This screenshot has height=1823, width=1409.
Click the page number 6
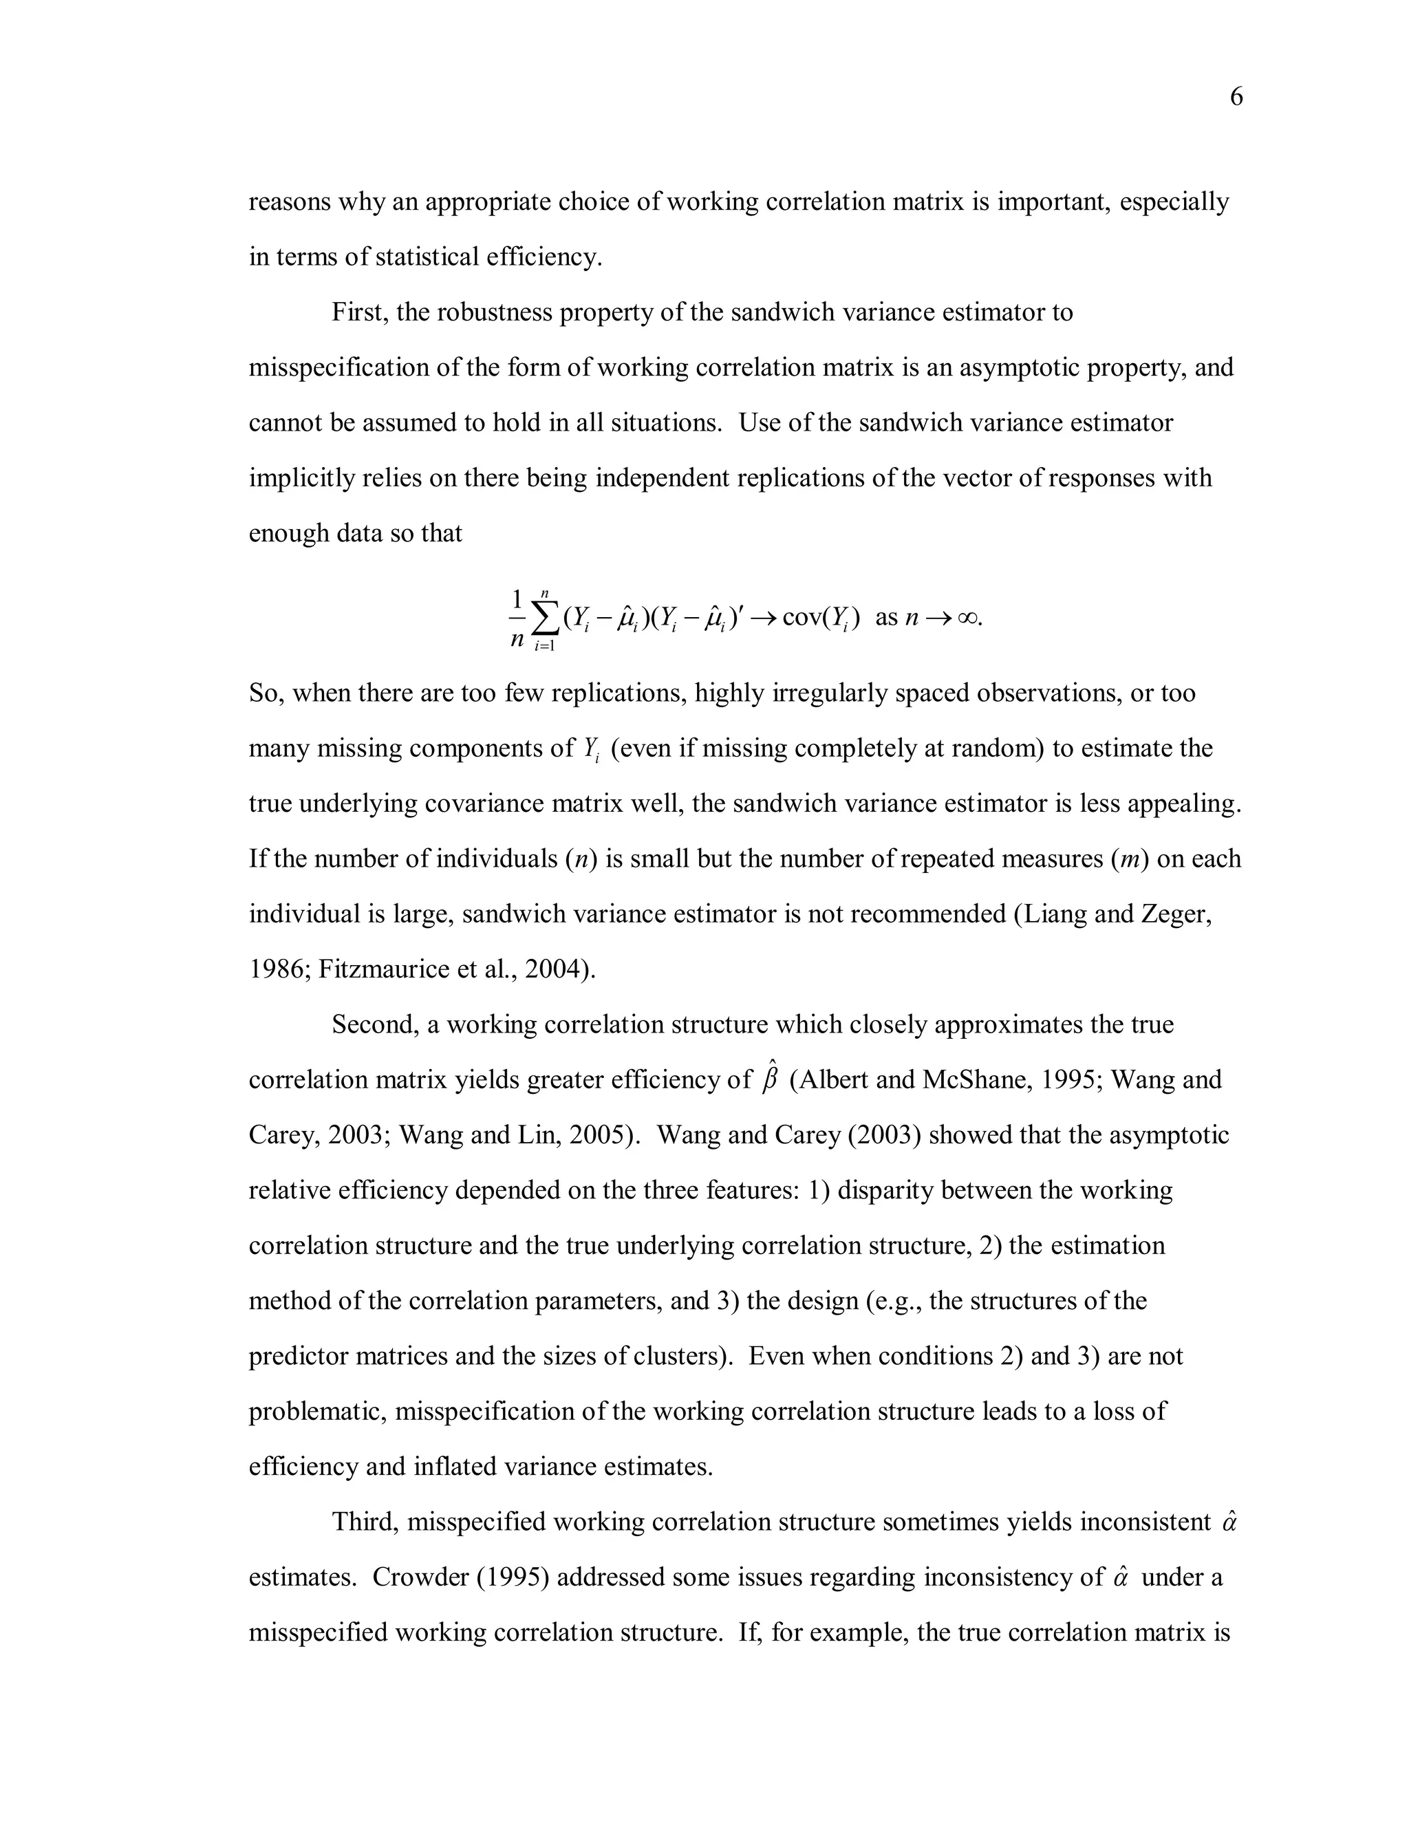[x=1236, y=98]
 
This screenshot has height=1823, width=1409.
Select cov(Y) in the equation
[x=821, y=618]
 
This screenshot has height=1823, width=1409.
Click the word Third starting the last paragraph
[x=365, y=1522]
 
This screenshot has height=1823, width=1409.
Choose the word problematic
[x=317, y=1411]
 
